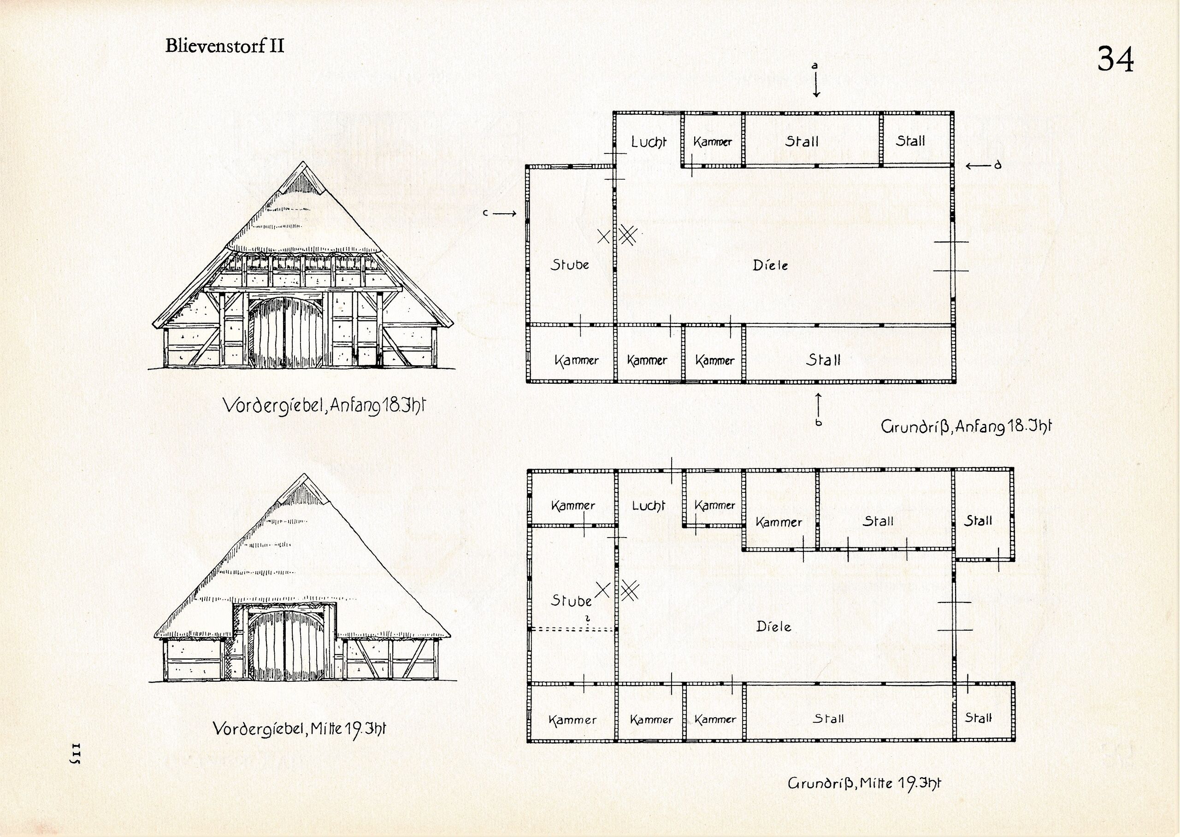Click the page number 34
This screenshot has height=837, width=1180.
pos(1115,60)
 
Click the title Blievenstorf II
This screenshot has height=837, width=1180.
pos(224,47)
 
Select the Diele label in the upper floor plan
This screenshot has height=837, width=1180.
pos(770,265)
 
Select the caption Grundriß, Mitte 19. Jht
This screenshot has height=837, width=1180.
pos(864,784)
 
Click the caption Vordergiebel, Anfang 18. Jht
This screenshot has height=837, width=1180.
pos(324,406)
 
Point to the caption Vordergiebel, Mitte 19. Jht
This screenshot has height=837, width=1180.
pos(299,729)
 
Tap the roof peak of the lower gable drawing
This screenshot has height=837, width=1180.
pos(303,474)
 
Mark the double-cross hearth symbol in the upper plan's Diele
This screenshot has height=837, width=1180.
pos(628,235)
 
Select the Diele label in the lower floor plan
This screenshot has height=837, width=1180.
pos(773,627)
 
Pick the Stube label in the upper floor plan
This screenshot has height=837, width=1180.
pos(570,265)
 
